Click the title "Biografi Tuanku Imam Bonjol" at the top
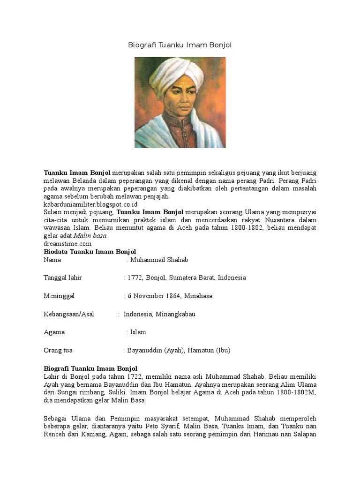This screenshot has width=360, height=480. (x=180, y=45)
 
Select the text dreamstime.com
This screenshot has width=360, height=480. (x=67, y=244)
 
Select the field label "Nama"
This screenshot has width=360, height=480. (x=52, y=260)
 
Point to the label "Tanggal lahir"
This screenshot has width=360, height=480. (x=63, y=277)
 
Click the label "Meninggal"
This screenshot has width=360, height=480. (x=59, y=296)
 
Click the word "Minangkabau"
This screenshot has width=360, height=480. (x=175, y=314)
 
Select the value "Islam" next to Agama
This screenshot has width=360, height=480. (x=138, y=332)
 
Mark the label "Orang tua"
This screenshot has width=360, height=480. (x=58, y=350)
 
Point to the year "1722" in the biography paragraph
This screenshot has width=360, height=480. (x=134, y=376)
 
